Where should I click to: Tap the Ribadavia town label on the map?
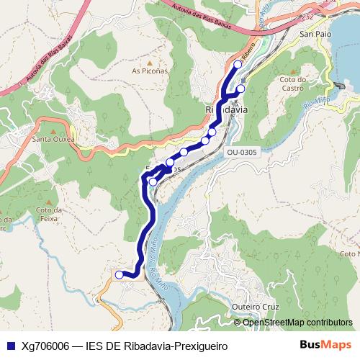coord(227,109)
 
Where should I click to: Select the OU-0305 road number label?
coord(241,153)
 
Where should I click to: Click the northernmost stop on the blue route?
coord(238,65)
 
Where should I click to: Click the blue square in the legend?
coord(9,346)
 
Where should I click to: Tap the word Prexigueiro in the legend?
coord(199,346)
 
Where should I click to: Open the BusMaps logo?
coord(330,345)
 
